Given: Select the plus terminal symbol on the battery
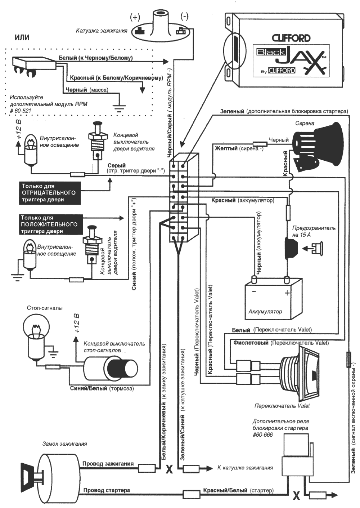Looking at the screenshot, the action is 287,293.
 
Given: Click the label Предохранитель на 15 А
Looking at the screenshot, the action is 314,231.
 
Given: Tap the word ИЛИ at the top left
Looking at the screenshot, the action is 22,37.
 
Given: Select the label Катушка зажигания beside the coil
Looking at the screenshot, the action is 102,31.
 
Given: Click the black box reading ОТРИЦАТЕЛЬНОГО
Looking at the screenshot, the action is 50,193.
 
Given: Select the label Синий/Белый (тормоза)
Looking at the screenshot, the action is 102,388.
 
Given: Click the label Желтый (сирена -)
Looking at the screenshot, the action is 239,149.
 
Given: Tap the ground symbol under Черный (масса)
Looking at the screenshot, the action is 118,108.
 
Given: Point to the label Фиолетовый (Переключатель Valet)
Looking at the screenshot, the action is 281,343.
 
